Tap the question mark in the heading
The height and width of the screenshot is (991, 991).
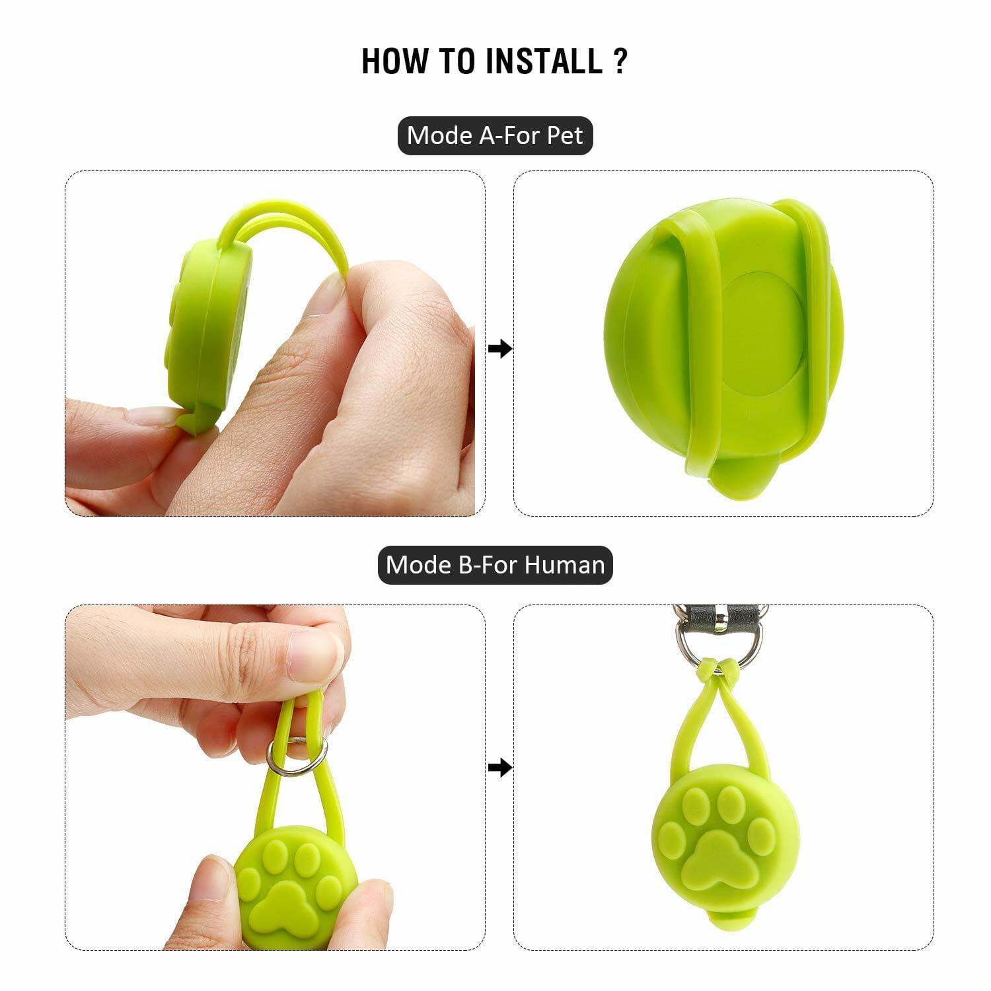620,61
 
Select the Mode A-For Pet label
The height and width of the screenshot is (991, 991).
495,135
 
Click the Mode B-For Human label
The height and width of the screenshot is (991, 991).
495,565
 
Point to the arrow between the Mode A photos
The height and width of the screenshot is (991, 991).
500,348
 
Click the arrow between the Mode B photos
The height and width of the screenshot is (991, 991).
500,768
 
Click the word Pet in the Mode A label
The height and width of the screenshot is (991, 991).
565,135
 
